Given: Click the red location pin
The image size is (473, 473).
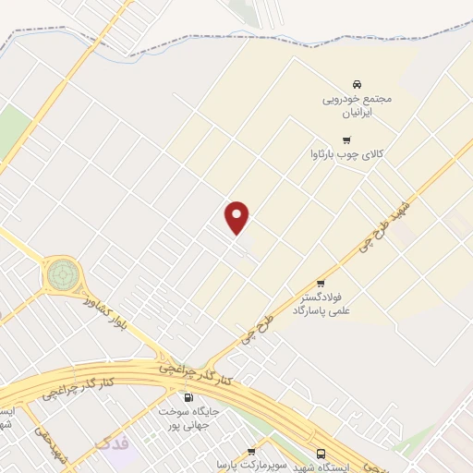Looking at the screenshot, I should click(238, 216).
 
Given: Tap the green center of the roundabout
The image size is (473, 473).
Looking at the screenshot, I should click(63, 273).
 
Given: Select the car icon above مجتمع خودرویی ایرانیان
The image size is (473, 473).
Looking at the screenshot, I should click(358, 83).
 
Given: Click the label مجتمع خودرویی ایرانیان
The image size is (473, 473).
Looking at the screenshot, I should click(358, 103).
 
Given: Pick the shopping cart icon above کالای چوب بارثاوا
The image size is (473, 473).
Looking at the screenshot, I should click(346, 140).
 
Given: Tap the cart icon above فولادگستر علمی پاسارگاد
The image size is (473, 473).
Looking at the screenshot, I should click(321, 284).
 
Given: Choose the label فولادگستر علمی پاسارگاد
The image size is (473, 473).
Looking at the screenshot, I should click(321, 306).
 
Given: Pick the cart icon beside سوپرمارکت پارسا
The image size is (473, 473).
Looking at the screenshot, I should click(251, 453).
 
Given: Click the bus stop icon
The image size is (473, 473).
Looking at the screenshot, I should click(321, 454).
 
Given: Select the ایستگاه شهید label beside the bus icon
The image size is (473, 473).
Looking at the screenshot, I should click(298, 467).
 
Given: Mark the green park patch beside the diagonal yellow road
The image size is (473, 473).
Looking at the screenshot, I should click(12, 129).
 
